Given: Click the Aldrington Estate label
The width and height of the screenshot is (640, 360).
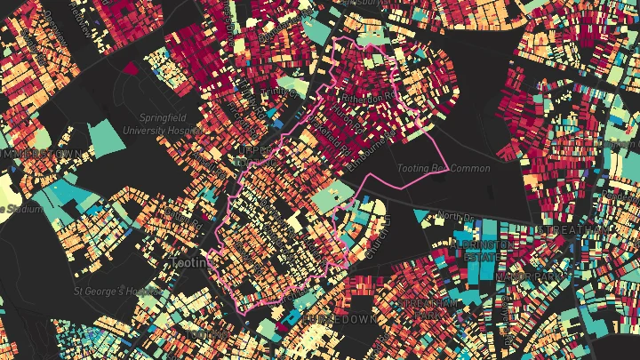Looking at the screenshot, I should click(480, 249).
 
